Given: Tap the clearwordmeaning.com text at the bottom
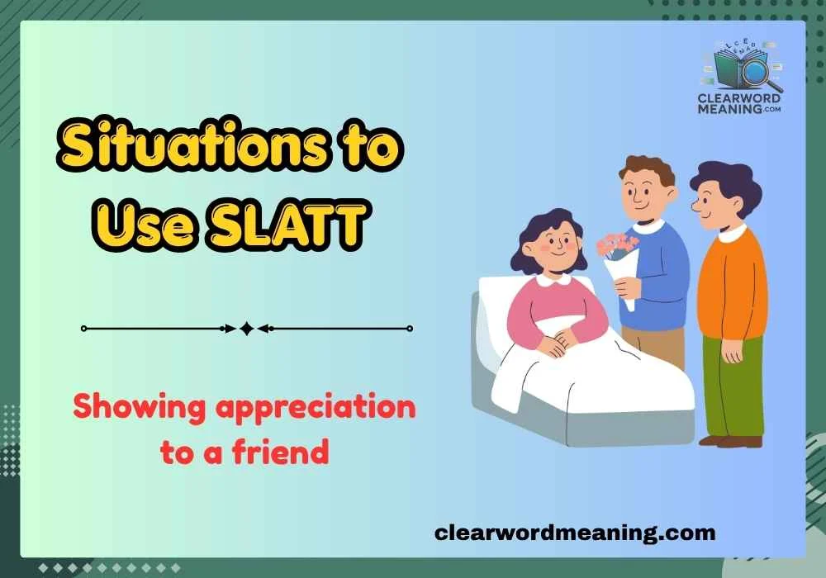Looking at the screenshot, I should coord(575,533).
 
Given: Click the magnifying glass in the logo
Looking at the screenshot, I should coord(754,72).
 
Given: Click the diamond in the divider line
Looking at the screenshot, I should coord(246,329).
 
